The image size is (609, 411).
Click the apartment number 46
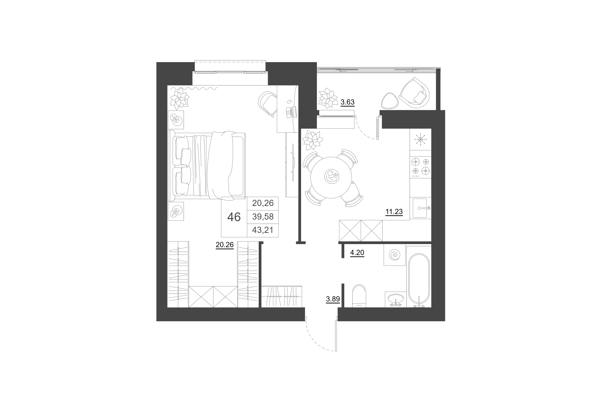(x=234, y=217)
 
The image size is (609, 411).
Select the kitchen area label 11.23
(x=394, y=211)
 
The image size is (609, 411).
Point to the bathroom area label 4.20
(x=357, y=252)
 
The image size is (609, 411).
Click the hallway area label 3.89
(x=333, y=299)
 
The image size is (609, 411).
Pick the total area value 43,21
(x=263, y=230)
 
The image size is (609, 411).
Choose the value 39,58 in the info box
(x=263, y=216)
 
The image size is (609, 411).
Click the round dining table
(x=331, y=177)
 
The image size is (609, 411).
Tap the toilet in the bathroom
(x=359, y=296)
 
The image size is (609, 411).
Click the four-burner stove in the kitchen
(x=421, y=167)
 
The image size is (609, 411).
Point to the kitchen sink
(x=420, y=208)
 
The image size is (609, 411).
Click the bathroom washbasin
(x=396, y=299)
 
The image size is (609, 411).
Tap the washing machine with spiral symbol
(x=395, y=255)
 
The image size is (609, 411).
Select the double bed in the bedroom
(x=206, y=165)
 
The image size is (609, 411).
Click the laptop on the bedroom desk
(x=291, y=112)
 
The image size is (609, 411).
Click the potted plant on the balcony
(x=328, y=98)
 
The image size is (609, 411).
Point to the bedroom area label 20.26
(x=225, y=245)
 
